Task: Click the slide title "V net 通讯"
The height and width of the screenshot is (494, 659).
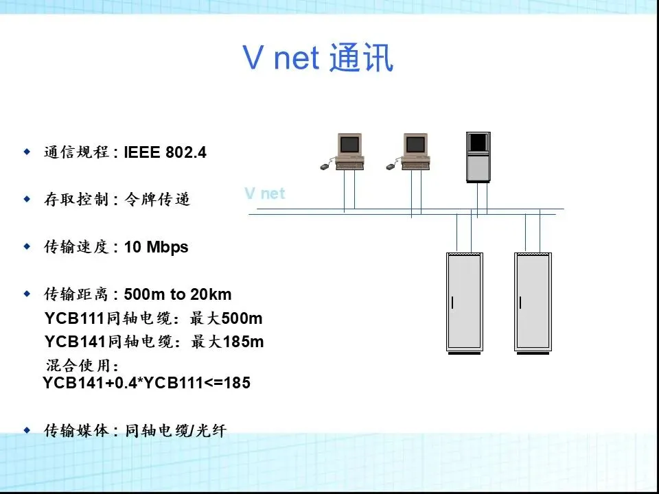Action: click(x=318, y=58)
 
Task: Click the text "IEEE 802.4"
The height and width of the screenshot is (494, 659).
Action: click(x=165, y=152)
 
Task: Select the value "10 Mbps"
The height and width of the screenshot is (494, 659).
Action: click(x=156, y=247)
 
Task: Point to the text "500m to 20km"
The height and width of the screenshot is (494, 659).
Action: click(x=178, y=294)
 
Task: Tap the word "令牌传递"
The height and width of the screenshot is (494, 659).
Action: click(x=157, y=200)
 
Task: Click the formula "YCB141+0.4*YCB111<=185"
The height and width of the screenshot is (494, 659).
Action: click(x=146, y=383)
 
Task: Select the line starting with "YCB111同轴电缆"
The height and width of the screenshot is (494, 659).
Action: click(x=153, y=318)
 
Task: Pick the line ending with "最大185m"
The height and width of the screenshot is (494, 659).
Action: click(x=153, y=341)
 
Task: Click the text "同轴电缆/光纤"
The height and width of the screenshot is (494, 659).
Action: click(x=176, y=431)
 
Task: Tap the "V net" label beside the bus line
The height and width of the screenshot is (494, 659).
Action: click(x=264, y=193)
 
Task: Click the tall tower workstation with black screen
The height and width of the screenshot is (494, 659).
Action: click(x=478, y=156)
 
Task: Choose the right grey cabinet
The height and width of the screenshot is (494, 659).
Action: click(x=532, y=302)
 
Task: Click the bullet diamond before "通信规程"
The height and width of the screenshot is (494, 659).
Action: click(x=27, y=151)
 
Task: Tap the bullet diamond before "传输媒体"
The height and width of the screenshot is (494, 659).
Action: click(x=27, y=430)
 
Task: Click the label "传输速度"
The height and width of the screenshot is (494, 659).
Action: click(x=76, y=247)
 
